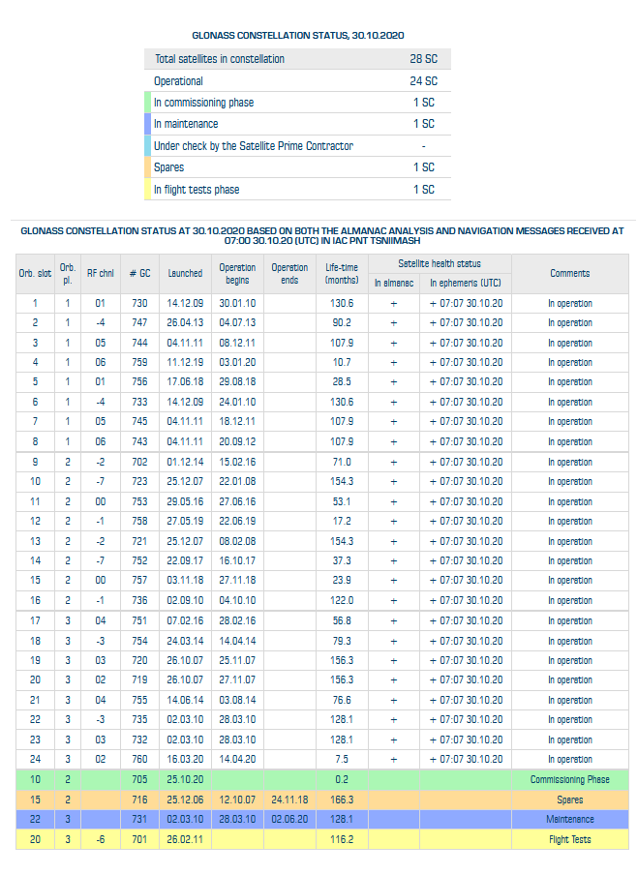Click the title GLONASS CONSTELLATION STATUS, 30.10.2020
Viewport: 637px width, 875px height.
pyautogui.click(x=297, y=36)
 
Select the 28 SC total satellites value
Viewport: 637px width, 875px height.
pyautogui.click(x=423, y=59)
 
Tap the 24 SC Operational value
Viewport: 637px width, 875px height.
pyautogui.click(x=423, y=81)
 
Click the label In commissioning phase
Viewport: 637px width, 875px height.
pyautogui.click(x=203, y=103)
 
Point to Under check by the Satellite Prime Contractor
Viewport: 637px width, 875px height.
pyautogui.click(x=254, y=146)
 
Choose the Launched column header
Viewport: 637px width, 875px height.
pyautogui.click(x=185, y=273)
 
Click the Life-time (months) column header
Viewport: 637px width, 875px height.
pyautogui.click(x=342, y=273)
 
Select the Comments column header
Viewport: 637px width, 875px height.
pyautogui.click(x=569, y=273)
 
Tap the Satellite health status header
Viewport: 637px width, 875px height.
pyautogui.click(x=440, y=263)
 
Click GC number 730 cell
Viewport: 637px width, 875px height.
pyautogui.click(x=139, y=303)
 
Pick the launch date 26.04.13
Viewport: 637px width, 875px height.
pyautogui.click(x=185, y=322)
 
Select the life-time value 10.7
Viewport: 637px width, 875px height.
pyautogui.click(x=342, y=362)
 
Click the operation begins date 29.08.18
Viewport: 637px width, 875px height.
pyautogui.click(x=237, y=381)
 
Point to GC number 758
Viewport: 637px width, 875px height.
pyautogui.click(x=139, y=521)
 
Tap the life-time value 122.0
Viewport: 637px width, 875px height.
pyautogui.click(x=342, y=600)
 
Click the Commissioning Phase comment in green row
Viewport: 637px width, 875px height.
pyautogui.click(x=569, y=779)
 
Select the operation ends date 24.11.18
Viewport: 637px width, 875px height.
pyautogui.click(x=289, y=800)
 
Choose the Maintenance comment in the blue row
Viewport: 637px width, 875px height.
pyautogui.click(x=569, y=819)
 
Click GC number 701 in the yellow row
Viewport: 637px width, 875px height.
pyautogui.click(x=139, y=839)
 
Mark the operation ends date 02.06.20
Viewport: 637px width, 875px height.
pyautogui.click(x=289, y=819)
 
